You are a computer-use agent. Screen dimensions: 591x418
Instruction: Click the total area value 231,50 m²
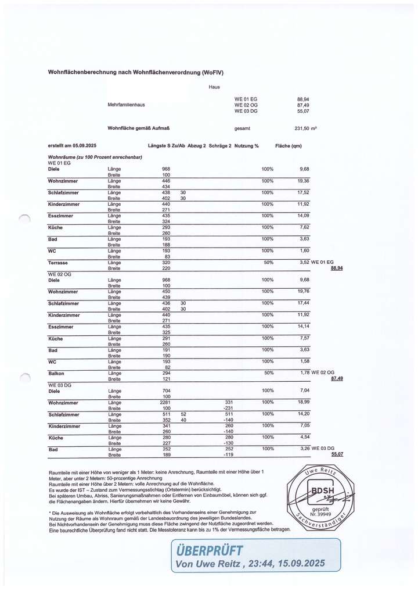305,128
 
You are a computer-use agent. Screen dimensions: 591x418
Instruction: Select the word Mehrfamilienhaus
126,105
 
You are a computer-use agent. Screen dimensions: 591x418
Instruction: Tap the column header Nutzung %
246,146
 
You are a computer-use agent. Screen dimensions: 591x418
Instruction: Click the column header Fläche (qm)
289,146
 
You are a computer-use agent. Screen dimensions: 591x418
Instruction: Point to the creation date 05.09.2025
85,146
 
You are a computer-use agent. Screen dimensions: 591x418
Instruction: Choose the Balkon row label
56,373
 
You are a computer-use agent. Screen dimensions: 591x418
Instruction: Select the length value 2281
165,402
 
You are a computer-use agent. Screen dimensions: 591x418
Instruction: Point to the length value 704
165,391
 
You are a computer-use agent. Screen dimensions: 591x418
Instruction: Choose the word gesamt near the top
242,128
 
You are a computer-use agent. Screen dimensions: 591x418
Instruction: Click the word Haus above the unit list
214,87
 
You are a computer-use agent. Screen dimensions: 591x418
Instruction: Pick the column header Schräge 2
220,146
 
